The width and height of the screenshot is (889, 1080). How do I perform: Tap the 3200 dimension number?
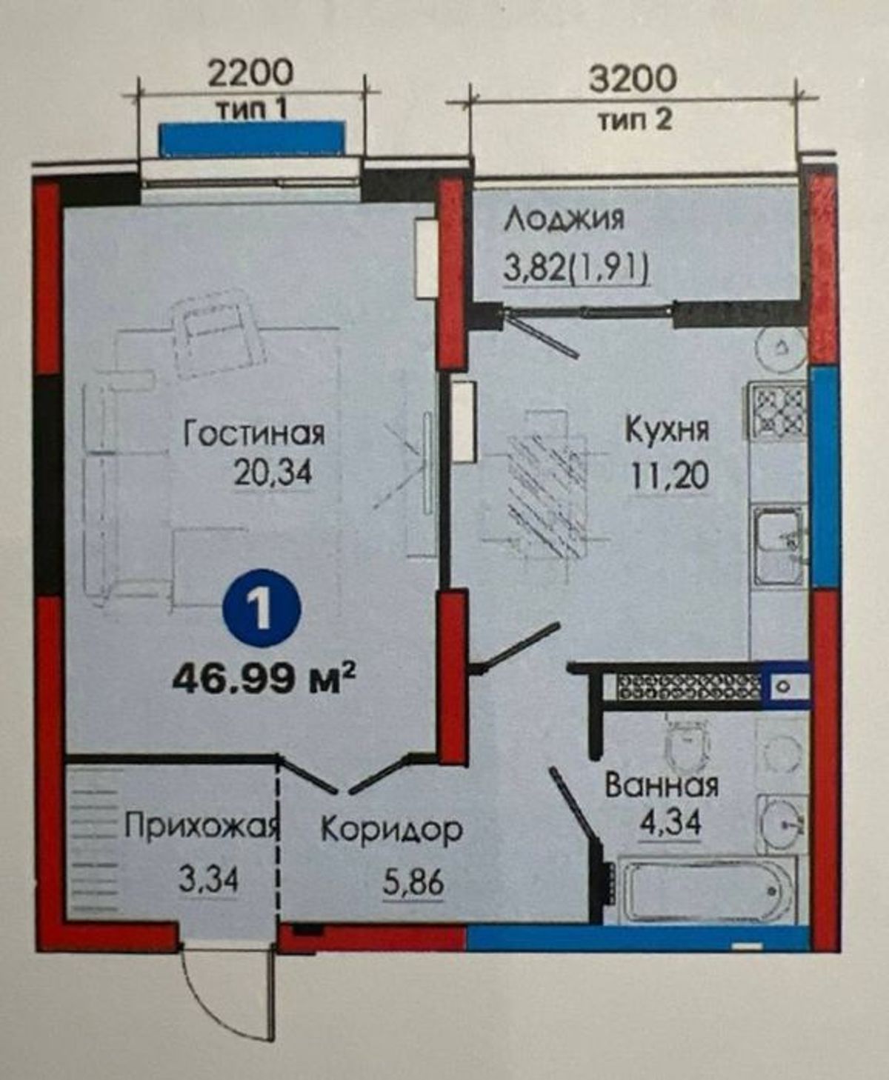point(633,79)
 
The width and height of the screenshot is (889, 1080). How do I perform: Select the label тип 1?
point(253,110)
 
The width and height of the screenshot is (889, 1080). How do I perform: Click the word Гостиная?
point(254,433)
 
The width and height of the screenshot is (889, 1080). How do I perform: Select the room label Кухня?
point(667,430)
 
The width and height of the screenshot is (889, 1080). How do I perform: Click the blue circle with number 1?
point(262,609)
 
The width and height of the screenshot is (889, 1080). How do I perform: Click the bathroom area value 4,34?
point(670,824)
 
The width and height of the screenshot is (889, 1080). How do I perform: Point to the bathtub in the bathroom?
point(707,891)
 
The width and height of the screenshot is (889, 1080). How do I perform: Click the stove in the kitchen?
point(777,410)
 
